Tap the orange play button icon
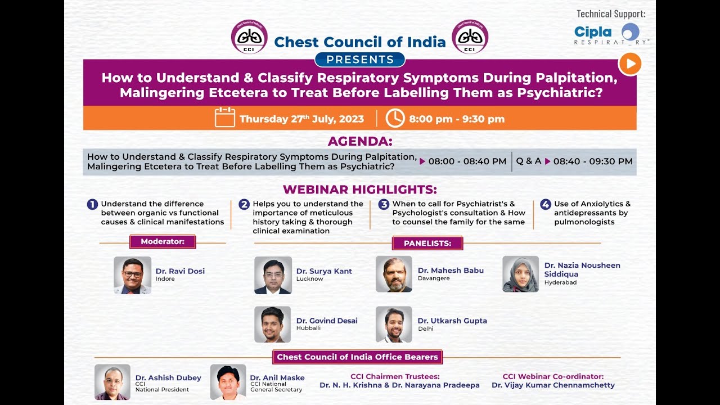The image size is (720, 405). click(x=630, y=64)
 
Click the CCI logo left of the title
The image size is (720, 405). click(x=249, y=37)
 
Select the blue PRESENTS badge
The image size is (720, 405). click(x=360, y=60)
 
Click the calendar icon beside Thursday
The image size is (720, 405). click(x=224, y=118)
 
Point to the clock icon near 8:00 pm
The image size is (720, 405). click(x=395, y=118)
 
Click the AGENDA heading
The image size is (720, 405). click(x=360, y=141)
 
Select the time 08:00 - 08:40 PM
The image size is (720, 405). click(x=467, y=161)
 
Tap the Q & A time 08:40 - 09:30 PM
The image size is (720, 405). click(x=592, y=161)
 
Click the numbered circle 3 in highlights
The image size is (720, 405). click(x=384, y=205)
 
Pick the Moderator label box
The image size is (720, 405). click(x=163, y=242)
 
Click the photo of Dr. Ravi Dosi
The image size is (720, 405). click(x=132, y=275)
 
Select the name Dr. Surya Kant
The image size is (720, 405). click(x=324, y=271)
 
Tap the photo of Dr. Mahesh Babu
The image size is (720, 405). click(x=394, y=274)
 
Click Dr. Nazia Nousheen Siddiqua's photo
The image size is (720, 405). click(x=520, y=274)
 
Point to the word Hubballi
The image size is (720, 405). click(x=308, y=328)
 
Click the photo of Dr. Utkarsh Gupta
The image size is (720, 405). click(x=394, y=325)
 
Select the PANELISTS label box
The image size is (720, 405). click(x=427, y=243)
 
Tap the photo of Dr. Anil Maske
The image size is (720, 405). click(x=228, y=382)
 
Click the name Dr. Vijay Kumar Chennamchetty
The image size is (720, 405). click(x=553, y=385)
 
